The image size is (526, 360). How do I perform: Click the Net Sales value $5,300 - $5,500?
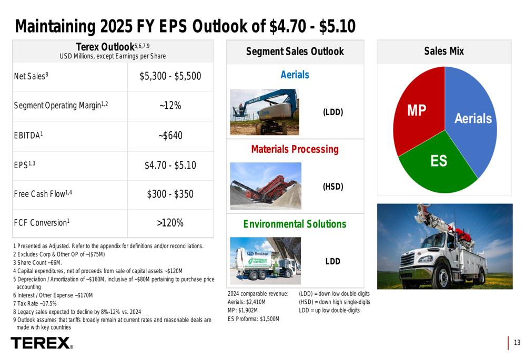[x=170, y=77]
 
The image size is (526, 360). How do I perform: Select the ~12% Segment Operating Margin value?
[x=170, y=106]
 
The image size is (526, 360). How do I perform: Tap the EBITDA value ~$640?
[x=170, y=136]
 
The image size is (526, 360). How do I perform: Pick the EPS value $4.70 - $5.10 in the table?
[x=170, y=166]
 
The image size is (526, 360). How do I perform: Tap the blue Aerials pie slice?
[x=473, y=121]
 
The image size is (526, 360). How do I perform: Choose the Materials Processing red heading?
[x=295, y=150]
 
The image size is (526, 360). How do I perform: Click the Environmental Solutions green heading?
[x=295, y=224]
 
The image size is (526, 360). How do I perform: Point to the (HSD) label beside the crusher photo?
[x=332, y=187]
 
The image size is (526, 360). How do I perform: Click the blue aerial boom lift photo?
[x=265, y=111]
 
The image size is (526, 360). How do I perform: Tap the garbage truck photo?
[x=265, y=260]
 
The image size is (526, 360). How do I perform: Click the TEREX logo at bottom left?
[x=42, y=344]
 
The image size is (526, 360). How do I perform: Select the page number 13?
[x=517, y=343]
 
